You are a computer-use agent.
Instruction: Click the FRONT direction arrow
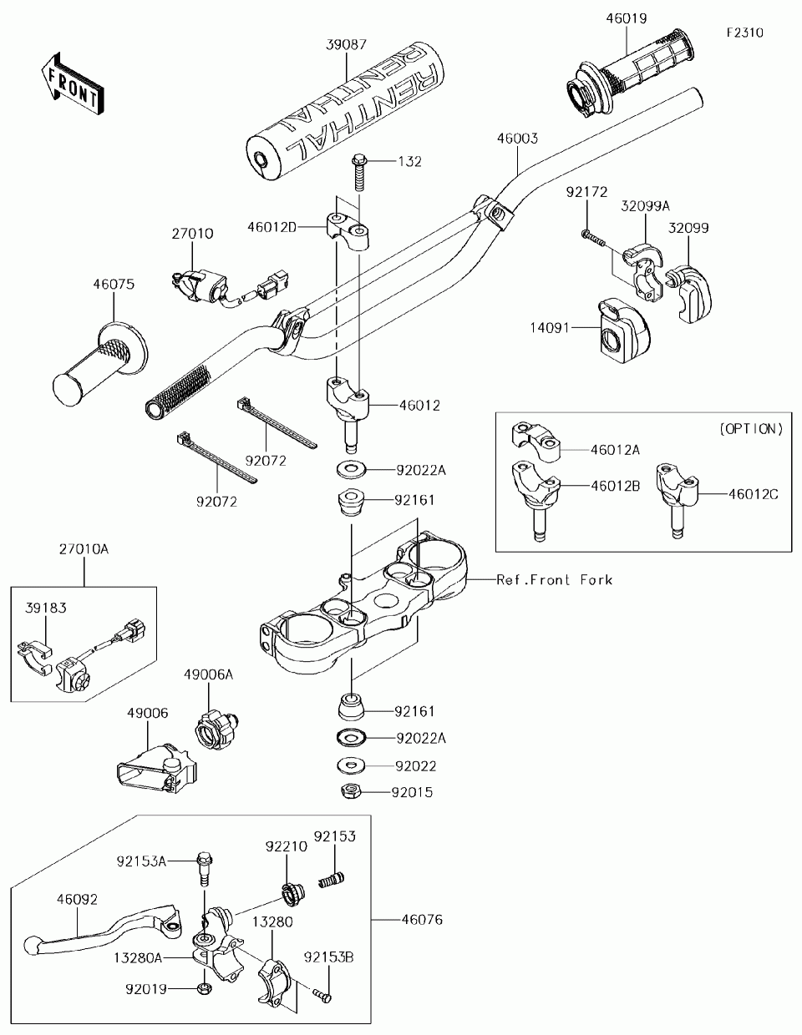coord(72,83)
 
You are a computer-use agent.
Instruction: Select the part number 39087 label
coord(347,45)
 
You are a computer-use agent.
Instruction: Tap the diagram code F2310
coord(745,33)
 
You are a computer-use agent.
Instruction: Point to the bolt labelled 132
coord(359,172)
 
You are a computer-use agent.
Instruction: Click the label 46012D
coord(272,227)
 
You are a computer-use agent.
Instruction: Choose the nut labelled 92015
coord(351,792)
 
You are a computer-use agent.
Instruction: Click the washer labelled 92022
coord(351,766)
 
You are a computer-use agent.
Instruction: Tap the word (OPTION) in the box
coord(751,429)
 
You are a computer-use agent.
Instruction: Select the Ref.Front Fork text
coord(555,579)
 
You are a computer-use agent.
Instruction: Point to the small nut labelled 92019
coord(204,989)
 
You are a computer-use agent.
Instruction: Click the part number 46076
coord(422,919)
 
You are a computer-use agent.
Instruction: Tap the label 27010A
coord(84,549)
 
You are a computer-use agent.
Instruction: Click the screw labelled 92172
coord(593,239)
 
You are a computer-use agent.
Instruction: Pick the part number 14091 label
coord(550,328)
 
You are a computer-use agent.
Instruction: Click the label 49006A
coord(209,674)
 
